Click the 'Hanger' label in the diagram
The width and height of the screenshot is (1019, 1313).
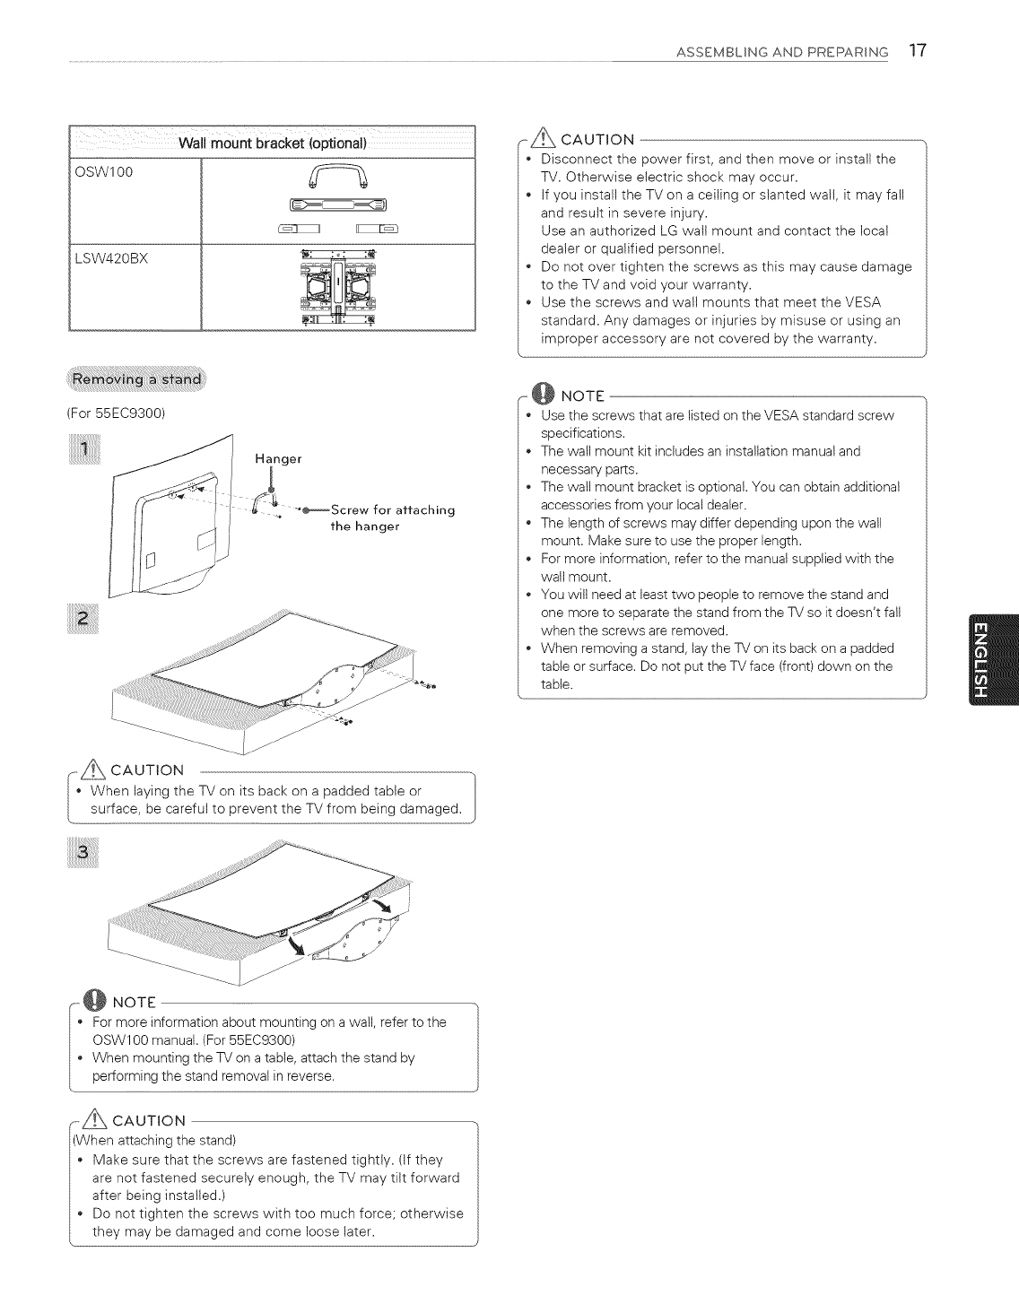click(x=278, y=458)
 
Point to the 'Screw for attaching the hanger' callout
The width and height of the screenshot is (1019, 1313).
click(x=393, y=517)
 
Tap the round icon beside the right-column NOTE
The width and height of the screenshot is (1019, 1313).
click(x=542, y=393)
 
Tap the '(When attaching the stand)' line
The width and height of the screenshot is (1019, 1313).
click(x=154, y=1141)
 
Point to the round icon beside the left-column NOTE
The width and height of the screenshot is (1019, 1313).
click(x=91, y=1000)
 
